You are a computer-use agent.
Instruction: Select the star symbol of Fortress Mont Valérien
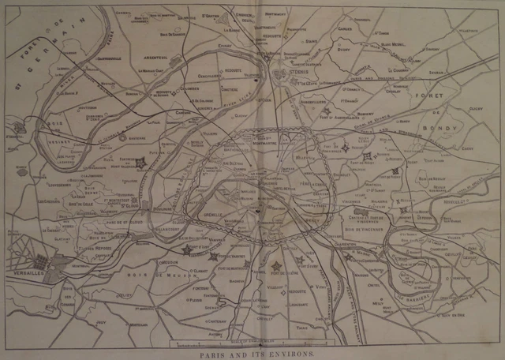pyautogui.click(x=141, y=163)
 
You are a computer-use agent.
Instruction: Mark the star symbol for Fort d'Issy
pyautogui.click(x=187, y=250)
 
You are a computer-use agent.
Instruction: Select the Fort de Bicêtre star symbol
pyautogui.click(x=276, y=267)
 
